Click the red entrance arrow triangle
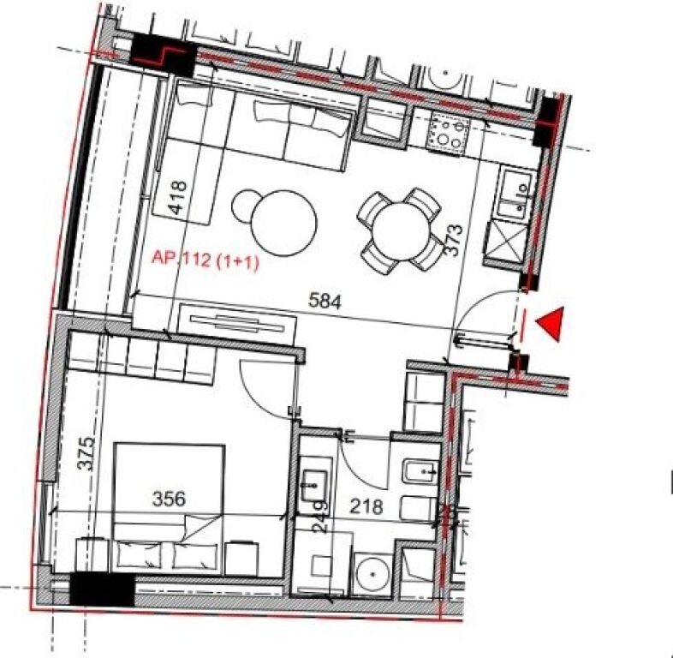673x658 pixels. click(x=550, y=324)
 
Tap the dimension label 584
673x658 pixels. click(x=325, y=302)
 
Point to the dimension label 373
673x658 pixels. click(x=456, y=241)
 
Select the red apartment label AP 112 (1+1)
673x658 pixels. click(x=205, y=260)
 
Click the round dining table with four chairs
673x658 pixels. click(x=400, y=230)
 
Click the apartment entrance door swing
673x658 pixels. click(x=484, y=317)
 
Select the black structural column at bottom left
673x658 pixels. click(x=102, y=589)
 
